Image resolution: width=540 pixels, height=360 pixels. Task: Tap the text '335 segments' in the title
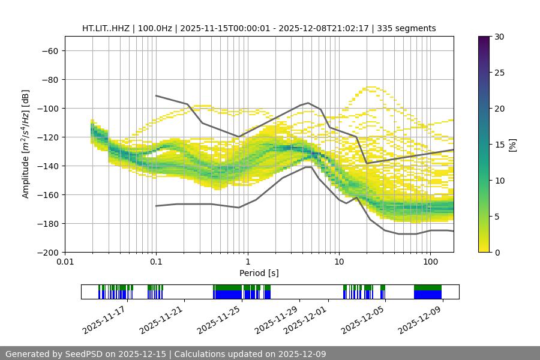[x=410, y=28]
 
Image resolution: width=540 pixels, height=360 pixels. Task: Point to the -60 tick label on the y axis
[x=50, y=50]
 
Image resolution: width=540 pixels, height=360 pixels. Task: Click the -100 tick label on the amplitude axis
[x=48, y=108]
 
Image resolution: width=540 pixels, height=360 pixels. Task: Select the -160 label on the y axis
[x=48, y=194]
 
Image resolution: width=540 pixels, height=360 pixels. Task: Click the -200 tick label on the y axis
[x=48, y=252]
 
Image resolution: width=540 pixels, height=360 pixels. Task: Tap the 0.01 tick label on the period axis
[x=65, y=262]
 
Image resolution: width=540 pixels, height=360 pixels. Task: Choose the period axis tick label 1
[x=247, y=262]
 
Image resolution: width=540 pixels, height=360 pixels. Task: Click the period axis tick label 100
[x=430, y=262]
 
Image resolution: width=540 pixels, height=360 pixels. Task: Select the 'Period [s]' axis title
[x=259, y=273]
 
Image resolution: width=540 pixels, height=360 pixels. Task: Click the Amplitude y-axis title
[x=26, y=144]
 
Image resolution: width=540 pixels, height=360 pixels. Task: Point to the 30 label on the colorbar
[x=499, y=37]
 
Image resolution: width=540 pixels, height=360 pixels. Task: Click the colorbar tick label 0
[x=496, y=252]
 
